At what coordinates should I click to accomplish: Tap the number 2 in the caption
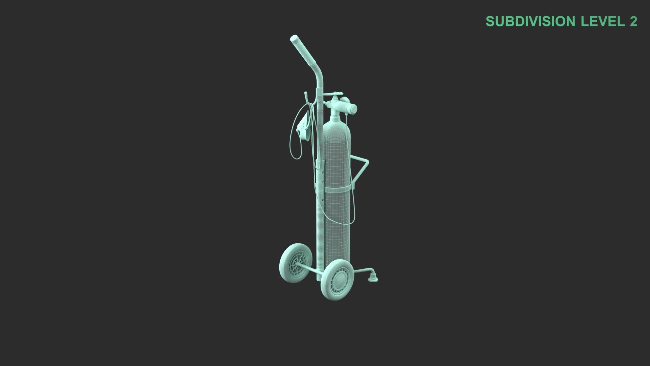[x=633, y=21]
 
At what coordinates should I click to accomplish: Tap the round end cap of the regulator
[x=353, y=108]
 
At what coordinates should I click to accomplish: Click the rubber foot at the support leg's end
[x=373, y=278]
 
